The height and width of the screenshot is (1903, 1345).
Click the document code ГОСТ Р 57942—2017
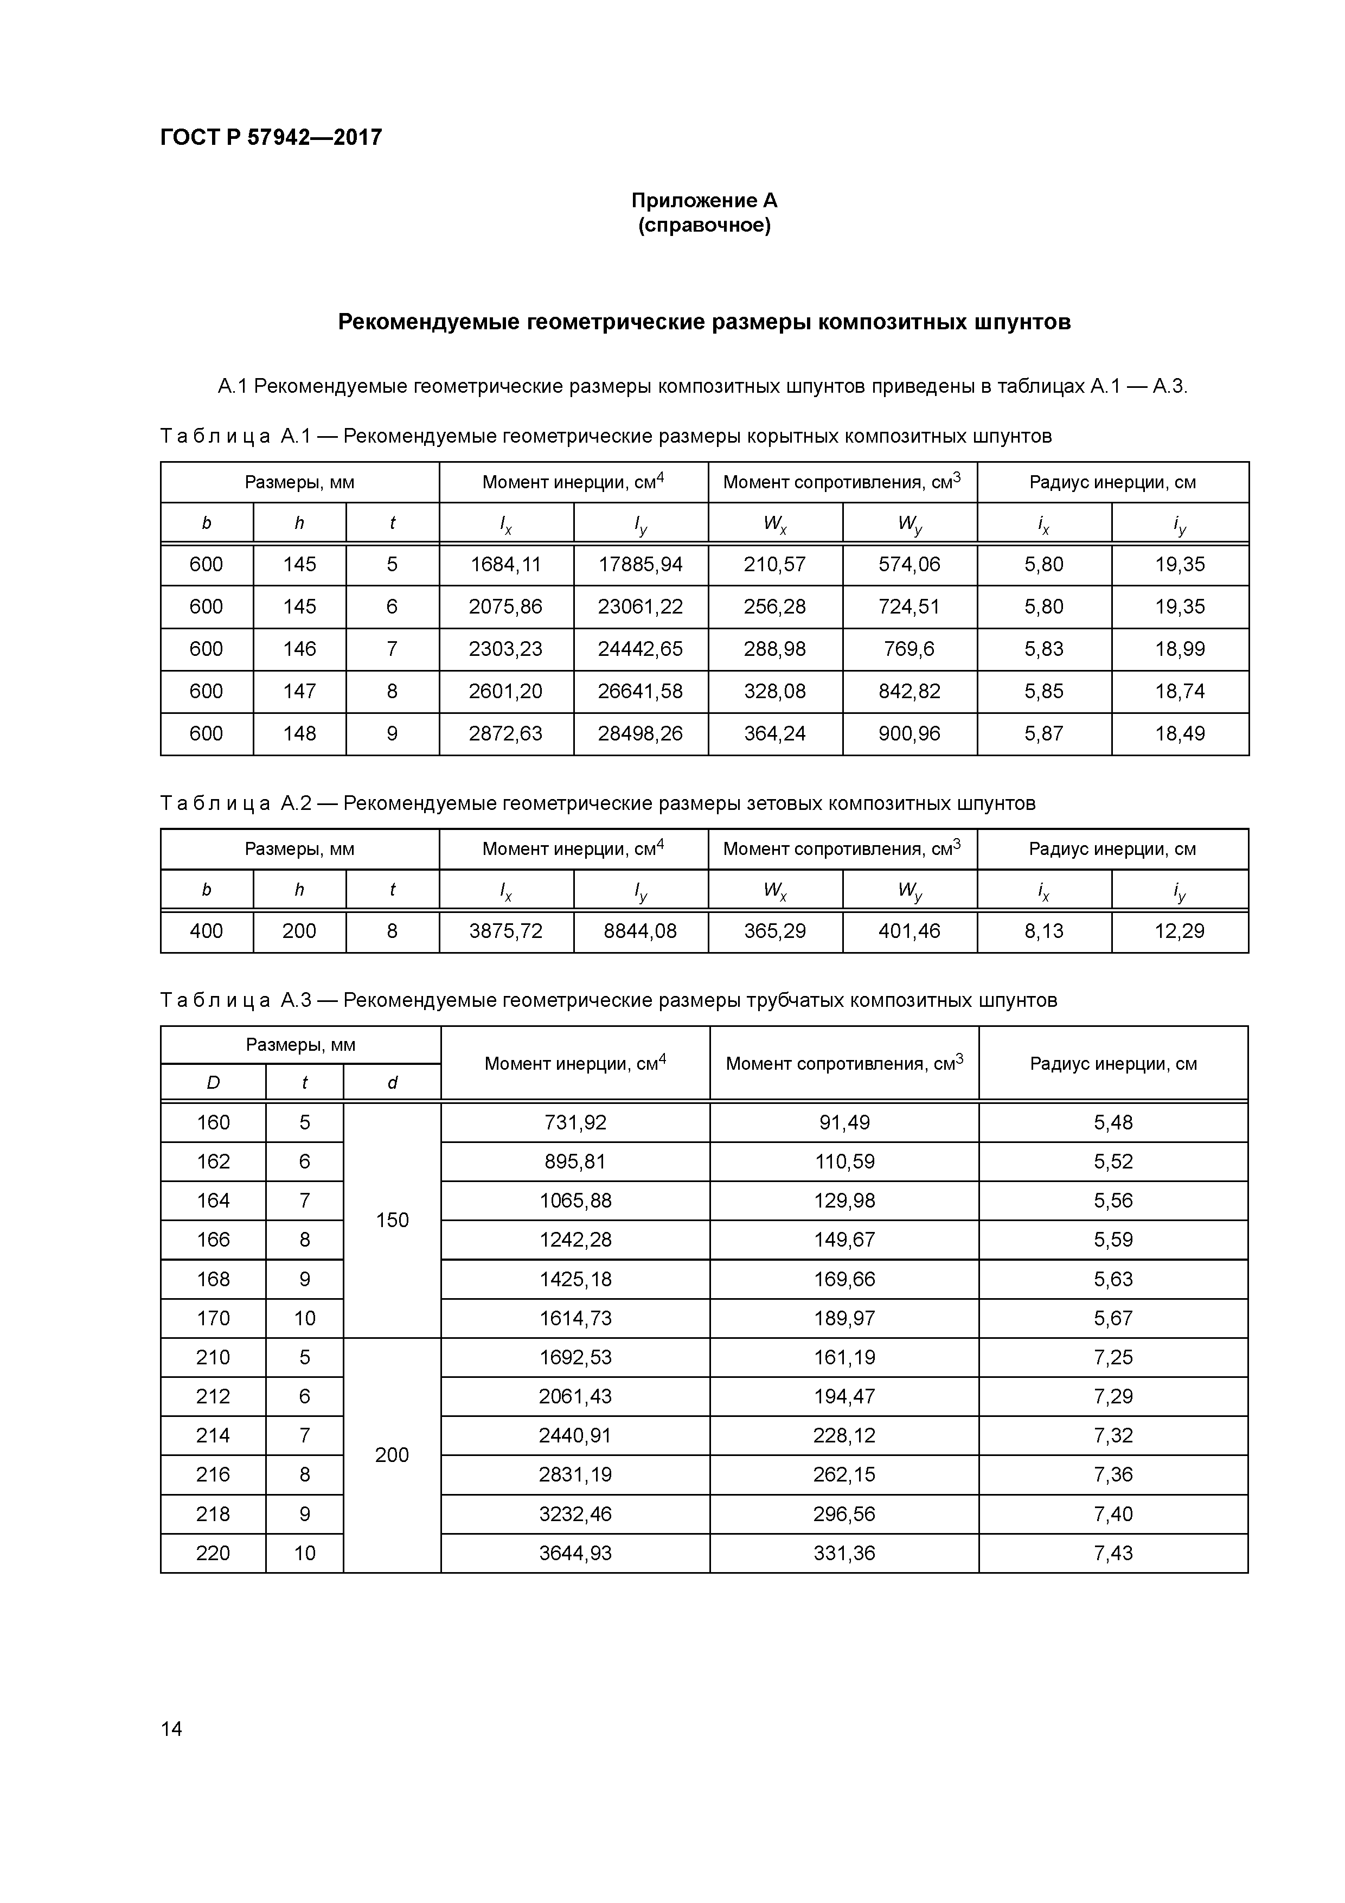tap(271, 138)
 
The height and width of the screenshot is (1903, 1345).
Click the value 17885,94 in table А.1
tap(640, 564)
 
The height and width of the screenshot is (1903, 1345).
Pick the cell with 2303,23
tap(505, 649)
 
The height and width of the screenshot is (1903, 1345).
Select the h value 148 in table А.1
tap(299, 733)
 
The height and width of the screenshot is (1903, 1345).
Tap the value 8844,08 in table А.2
tap(640, 931)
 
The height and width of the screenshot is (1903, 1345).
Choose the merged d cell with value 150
tap(392, 1220)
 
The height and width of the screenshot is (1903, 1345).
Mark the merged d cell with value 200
tap(392, 1455)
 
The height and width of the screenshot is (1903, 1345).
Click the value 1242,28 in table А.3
tap(575, 1240)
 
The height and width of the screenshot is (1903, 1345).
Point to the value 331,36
tap(844, 1553)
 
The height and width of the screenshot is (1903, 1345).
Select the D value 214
tap(213, 1435)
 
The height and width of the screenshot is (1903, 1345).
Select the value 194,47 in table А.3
tap(844, 1396)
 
